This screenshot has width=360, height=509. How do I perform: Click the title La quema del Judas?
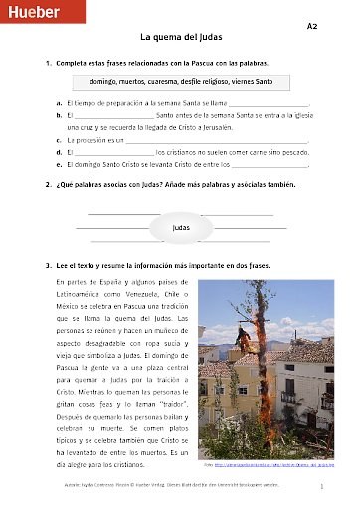coord(180,38)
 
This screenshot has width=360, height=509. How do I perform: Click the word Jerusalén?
coord(244,128)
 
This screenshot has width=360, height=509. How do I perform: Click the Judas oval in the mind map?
coord(180,227)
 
